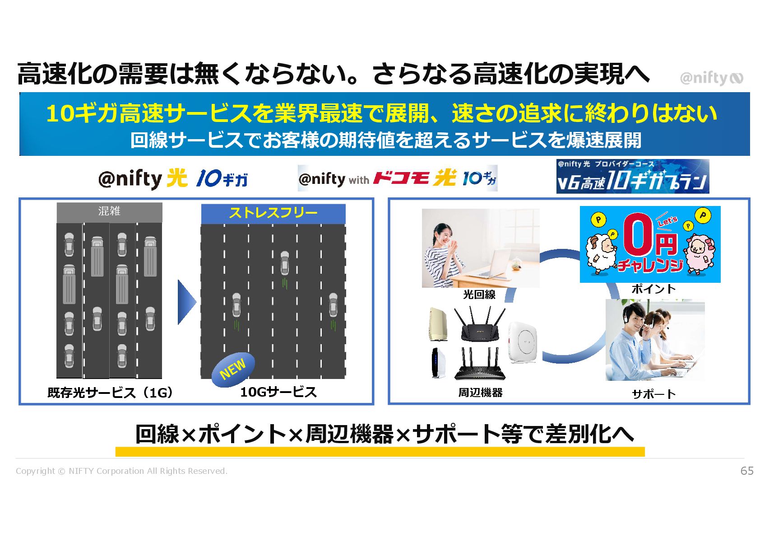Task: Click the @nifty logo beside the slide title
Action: click(711, 79)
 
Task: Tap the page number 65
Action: click(747, 471)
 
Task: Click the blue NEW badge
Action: click(233, 369)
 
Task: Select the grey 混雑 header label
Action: click(109, 211)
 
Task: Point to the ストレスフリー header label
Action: click(273, 213)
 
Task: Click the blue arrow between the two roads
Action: click(186, 302)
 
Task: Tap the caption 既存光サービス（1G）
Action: click(110, 393)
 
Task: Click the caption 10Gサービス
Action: click(278, 392)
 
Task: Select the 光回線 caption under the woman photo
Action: click(479, 295)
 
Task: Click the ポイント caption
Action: click(653, 289)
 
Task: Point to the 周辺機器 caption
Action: click(480, 393)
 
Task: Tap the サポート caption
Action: click(653, 394)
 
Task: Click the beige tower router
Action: click(438, 323)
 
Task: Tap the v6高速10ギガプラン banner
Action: click(632, 177)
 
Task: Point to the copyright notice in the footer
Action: click(121, 471)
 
